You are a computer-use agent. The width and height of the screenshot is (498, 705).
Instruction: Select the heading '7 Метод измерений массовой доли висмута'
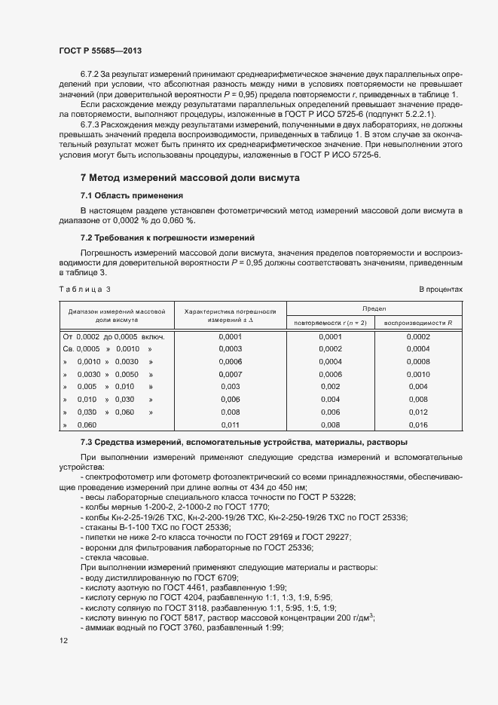coord(190,178)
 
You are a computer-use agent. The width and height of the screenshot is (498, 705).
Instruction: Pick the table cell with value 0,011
coord(230,425)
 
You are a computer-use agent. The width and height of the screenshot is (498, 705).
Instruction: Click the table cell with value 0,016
coord(417,425)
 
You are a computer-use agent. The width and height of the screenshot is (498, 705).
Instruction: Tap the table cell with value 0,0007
coord(230,375)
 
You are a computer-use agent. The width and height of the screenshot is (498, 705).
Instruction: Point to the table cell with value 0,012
coord(417,412)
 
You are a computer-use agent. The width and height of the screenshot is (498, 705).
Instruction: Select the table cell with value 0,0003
coord(230,349)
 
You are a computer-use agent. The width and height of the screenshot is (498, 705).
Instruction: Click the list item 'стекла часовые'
coord(115,556)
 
